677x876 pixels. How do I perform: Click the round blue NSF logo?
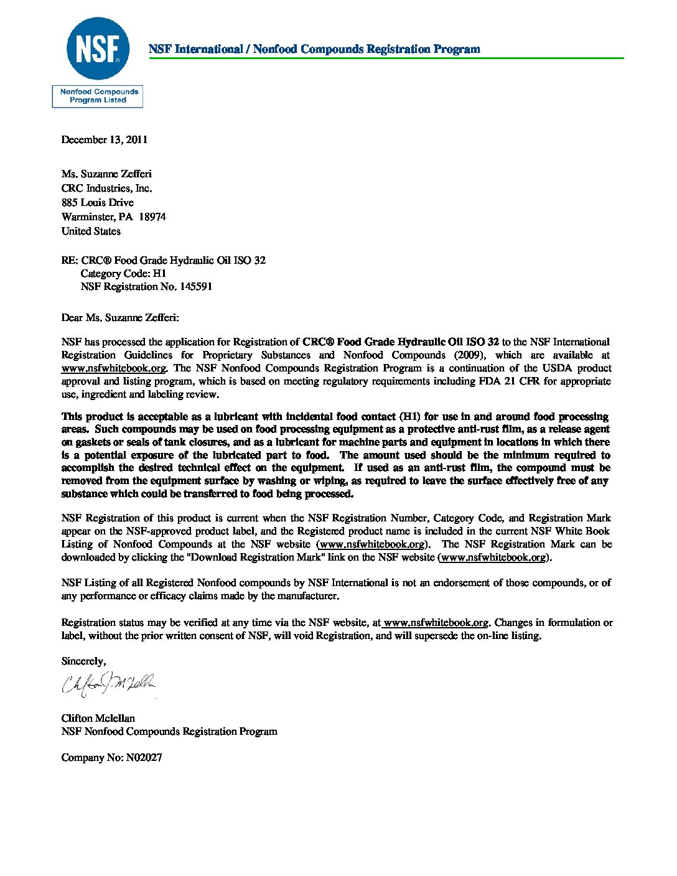98,49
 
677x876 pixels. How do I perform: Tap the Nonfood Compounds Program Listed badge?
98,96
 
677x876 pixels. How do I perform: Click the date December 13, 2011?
105,140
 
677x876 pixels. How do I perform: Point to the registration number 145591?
196,287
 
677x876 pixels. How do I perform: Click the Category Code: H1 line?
123,274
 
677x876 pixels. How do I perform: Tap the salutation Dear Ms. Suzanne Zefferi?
120,318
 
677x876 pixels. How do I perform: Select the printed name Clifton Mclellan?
98,719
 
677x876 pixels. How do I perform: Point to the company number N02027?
144,758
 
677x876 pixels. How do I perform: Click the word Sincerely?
83,661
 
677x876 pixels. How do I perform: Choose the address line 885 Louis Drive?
98,203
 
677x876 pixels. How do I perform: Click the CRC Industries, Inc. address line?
106,189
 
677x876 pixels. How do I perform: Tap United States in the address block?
91,231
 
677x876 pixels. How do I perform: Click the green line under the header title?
386,58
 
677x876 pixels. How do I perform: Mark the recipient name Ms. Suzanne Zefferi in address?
106,174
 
